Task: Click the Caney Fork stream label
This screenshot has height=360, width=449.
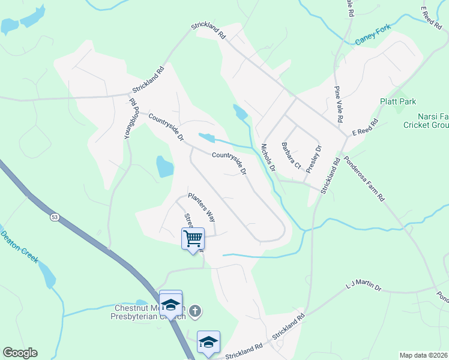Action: (373, 34)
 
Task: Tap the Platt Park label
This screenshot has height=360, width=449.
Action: (397, 102)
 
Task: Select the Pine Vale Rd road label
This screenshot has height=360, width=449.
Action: (338, 104)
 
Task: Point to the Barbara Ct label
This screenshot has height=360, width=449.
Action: (291, 155)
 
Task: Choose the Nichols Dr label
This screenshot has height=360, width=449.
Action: (268, 157)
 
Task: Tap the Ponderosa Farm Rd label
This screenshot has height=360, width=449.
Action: (364, 179)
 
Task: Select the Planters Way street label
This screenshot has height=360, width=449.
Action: (201, 206)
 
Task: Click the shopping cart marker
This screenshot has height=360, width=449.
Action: (193, 238)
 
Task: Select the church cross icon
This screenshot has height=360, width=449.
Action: (194, 311)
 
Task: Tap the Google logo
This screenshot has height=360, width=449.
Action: (20, 353)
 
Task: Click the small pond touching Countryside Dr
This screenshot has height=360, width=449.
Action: (206, 138)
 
